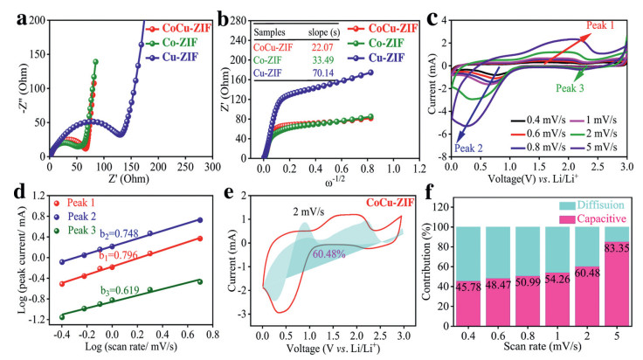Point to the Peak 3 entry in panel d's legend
point(79,230)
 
